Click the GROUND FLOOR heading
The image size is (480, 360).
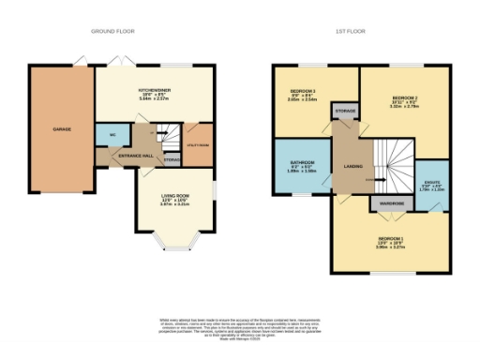(112, 31)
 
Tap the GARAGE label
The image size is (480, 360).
(62, 128)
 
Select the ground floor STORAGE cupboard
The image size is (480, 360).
(172, 160)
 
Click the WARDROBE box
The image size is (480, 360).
(389, 202)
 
